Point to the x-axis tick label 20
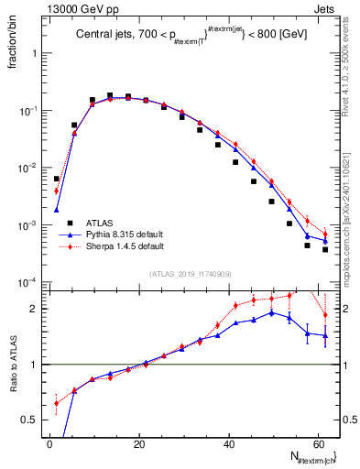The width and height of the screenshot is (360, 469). click(x=139, y=443)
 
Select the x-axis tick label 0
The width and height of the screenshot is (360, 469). click(x=49, y=443)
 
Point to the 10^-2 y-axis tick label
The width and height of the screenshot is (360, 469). click(x=29, y=168)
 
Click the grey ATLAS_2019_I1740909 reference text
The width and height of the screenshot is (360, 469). click(x=190, y=274)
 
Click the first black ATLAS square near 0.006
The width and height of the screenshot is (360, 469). click(x=57, y=180)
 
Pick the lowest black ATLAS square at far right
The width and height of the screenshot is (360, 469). click(x=325, y=249)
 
